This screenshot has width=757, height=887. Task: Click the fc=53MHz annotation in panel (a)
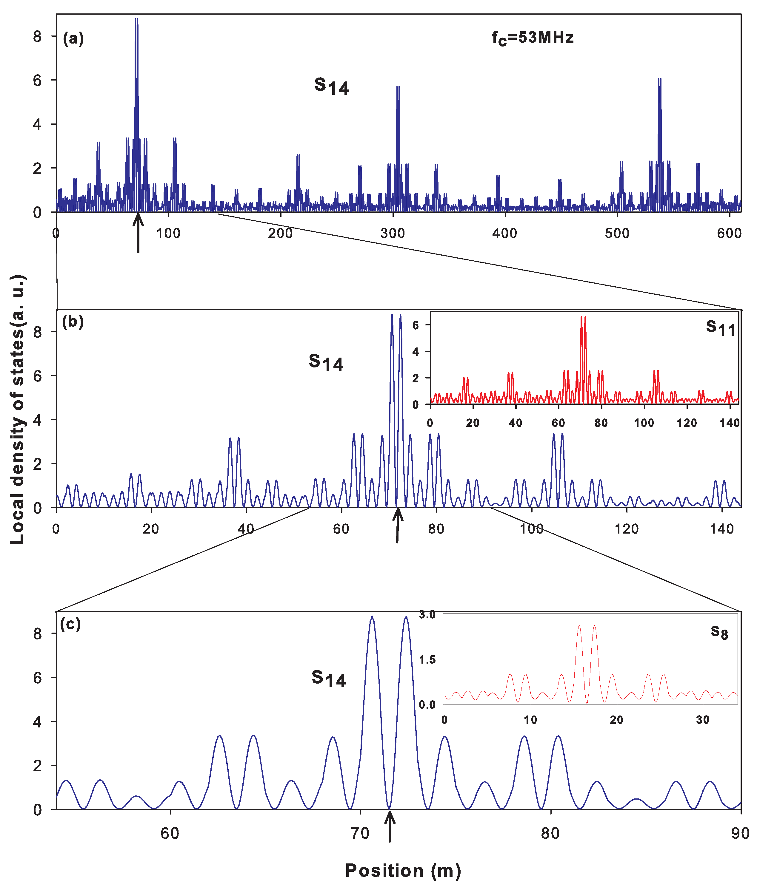532,38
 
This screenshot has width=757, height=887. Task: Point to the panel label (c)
70,624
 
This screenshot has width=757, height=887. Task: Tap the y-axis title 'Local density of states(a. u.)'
18,409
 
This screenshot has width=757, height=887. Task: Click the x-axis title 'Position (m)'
403,870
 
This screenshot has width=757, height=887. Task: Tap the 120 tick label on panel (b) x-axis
626,529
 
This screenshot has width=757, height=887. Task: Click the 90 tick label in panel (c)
740,834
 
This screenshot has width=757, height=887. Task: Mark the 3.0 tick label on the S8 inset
427,615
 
